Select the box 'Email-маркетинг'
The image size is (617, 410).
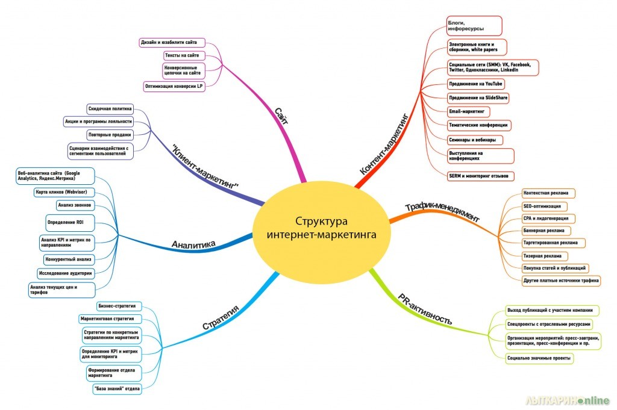[x=468, y=111]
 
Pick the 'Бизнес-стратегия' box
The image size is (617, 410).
[x=116, y=306]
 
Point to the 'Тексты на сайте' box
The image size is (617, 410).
[x=181, y=55]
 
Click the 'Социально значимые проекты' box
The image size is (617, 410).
[x=539, y=358]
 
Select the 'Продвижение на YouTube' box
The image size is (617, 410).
[x=476, y=84]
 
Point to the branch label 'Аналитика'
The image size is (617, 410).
[x=193, y=244]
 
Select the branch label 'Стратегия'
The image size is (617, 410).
[x=222, y=317]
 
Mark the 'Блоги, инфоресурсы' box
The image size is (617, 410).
[x=474, y=26]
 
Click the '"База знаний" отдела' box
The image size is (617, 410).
[x=117, y=388]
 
